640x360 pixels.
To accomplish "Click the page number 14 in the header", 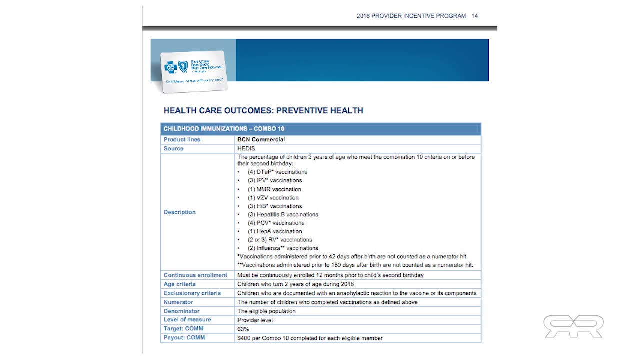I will [x=474, y=16].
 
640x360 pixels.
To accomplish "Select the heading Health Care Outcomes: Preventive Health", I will [x=263, y=110].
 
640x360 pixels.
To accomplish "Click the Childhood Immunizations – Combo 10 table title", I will [x=224, y=129].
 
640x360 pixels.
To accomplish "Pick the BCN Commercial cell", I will [x=261, y=140].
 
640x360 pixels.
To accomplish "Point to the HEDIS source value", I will [x=246, y=149].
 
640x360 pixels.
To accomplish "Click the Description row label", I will [x=179, y=212].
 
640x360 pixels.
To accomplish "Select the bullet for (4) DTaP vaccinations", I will [x=277, y=172].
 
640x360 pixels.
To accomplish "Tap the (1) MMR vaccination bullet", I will [x=274, y=189].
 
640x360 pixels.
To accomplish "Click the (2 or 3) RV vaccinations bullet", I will [x=280, y=240].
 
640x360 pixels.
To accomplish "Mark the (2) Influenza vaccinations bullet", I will [x=283, y=248].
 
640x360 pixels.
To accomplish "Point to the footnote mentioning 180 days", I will [x=355, y=265].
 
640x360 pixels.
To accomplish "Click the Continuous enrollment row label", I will [x=195, y=275].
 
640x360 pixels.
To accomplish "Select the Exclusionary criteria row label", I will [x=192, y=293].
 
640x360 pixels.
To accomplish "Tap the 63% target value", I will [x=243, y=329].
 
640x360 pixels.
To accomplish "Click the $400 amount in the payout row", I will [x=244, y=338].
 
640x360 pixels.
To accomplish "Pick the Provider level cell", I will [x=255, y=320].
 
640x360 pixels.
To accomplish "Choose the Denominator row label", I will [x=181, y=311].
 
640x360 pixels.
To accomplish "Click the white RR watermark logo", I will [x=573, y=326].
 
